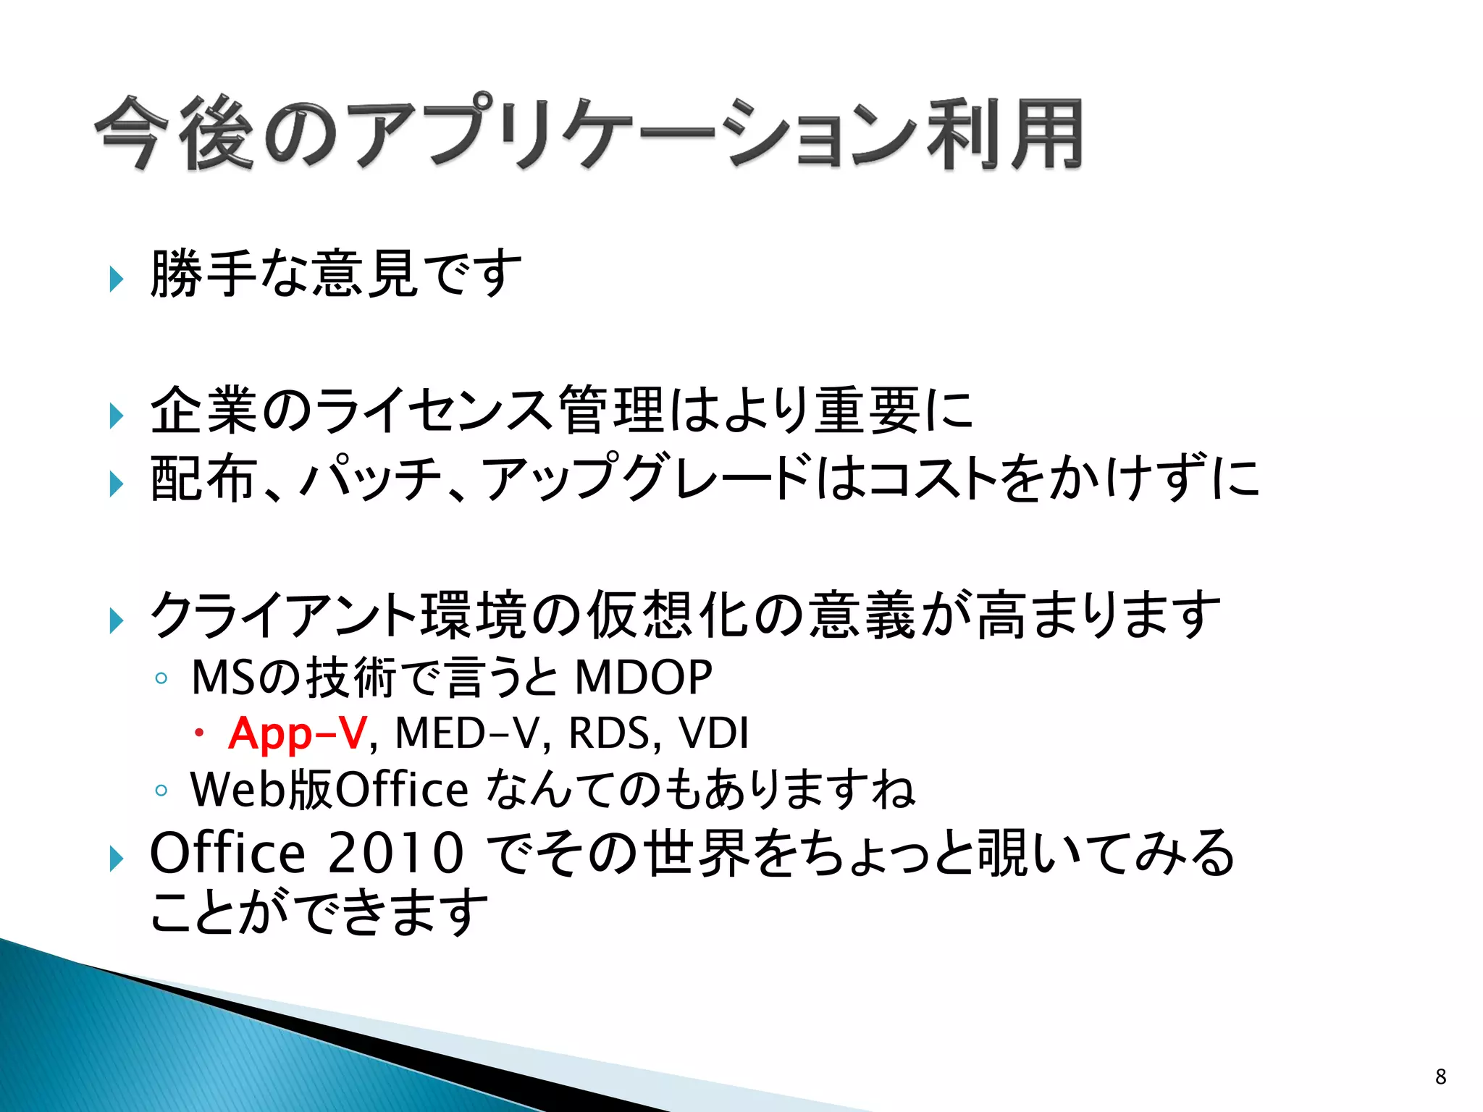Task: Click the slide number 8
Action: pos(1440,1077)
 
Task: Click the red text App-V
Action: pos(298,733)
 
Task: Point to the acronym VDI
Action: pos(713,733)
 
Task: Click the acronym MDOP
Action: pos(643,678)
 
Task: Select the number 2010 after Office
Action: pos(395,854)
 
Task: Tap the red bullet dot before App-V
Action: pos(198,734)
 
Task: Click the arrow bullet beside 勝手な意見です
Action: pos(116,279)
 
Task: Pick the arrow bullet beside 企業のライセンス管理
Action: pos(116,416)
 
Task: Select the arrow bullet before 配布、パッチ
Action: pos(116,484)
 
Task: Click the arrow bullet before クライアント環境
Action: pos(116,620)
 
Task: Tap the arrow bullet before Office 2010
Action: pos(116,859)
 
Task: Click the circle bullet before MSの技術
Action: pos(161,679)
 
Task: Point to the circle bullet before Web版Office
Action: pos(161,791)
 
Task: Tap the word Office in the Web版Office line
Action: pos(403,789)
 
